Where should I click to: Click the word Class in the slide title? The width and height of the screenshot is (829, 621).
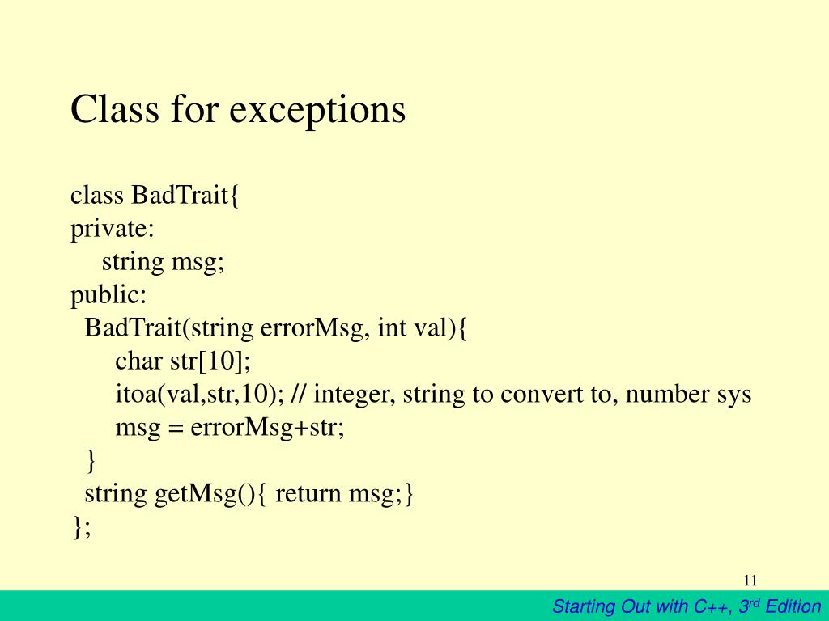coord(113,109)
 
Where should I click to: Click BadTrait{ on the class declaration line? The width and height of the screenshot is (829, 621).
coord(185,196)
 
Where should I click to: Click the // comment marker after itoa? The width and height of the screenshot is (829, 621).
coord(298,395)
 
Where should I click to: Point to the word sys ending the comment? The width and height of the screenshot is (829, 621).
coord(733,395)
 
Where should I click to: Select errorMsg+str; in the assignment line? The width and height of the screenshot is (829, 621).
coord(267,428)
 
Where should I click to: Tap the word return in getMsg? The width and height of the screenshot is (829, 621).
coord(309,493)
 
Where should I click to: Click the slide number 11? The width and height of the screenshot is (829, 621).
coord(750,581)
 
